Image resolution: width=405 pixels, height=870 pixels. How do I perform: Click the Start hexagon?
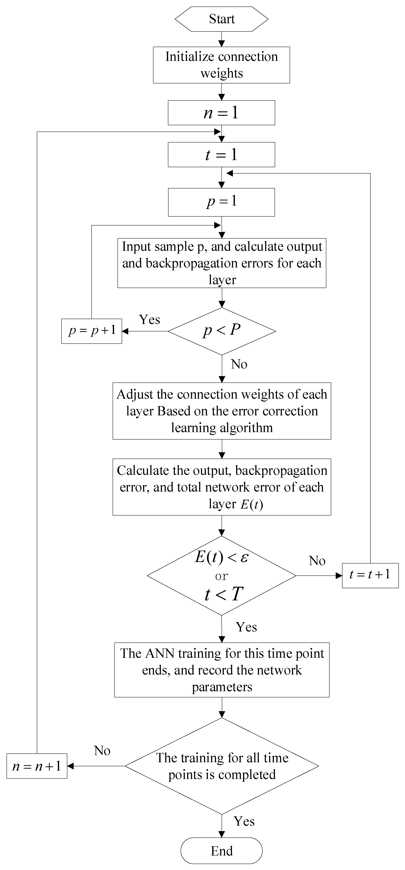pyautogui.click(x=222, y=19)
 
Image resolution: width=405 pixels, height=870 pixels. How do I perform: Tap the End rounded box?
pyautogui.click(x=222, y=850)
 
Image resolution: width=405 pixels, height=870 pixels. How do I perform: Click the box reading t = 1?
pyautogui.click(x=222, y=155)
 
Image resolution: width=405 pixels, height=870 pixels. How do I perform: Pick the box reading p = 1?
pyautogui.click(x=222, y=202)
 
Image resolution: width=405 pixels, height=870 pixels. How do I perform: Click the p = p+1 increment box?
pyautogui.click(x=91, y=331)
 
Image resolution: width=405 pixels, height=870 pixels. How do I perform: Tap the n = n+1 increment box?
pyautogui.click(x=37, y=766)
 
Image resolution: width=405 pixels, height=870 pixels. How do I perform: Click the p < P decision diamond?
pyautogui.click(x=222, y=331)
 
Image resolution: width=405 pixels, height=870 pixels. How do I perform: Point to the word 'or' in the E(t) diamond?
pyautogui.click(x=222, y=576)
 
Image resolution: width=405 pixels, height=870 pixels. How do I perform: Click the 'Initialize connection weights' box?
pyautogui.click(x=222, y=65)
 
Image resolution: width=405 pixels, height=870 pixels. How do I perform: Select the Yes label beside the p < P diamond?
pyautogui.click(x=149, y=319)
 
